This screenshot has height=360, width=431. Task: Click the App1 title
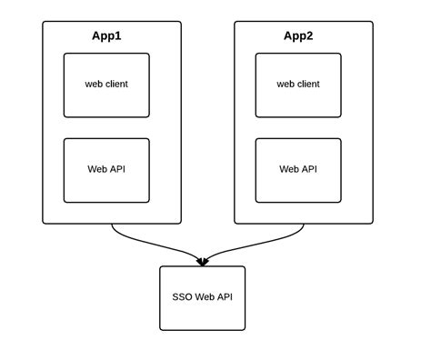point(106,36)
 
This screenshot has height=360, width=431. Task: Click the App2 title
point(298,36)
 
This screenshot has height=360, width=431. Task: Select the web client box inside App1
point(106,85)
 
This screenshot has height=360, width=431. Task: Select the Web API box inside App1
point(106,170)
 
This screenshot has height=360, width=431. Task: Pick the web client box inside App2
point(298,85)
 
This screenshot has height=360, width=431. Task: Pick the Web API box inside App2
point(298,170)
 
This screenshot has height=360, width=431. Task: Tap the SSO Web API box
point(202,298)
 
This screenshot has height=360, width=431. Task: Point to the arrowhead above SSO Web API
point(202,262)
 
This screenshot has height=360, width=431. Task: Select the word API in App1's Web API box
point(117,170)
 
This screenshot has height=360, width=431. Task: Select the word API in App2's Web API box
point(309,170)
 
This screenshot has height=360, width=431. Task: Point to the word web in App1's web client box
point(94,85)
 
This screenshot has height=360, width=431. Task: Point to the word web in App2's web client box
point(286,85)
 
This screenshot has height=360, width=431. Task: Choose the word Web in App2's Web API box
point(289,170)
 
